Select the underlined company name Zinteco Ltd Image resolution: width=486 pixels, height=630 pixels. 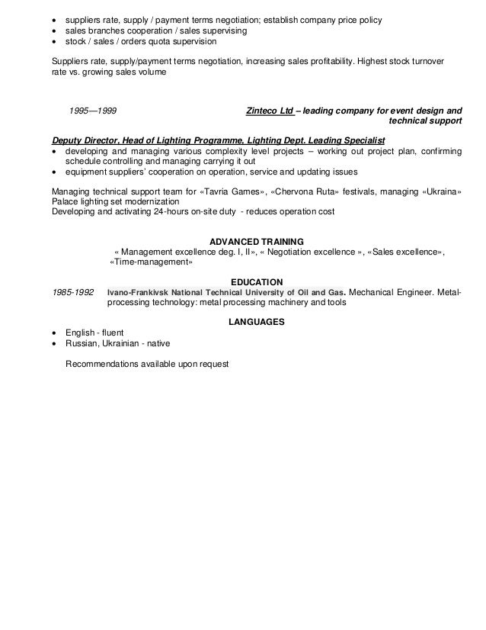[270, 111]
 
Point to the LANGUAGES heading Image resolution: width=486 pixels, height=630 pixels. [257, 322]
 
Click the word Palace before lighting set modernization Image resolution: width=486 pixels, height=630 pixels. [66, 201]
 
